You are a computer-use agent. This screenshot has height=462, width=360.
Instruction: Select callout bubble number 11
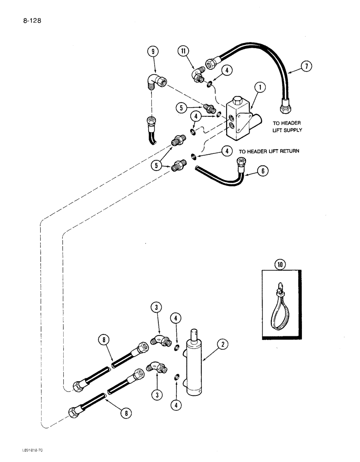click(x=184, y=52)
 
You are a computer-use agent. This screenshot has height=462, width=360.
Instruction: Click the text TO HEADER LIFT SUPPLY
click(x=287, y=127)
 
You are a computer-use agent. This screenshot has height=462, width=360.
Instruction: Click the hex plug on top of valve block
click(x=236, y=101)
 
